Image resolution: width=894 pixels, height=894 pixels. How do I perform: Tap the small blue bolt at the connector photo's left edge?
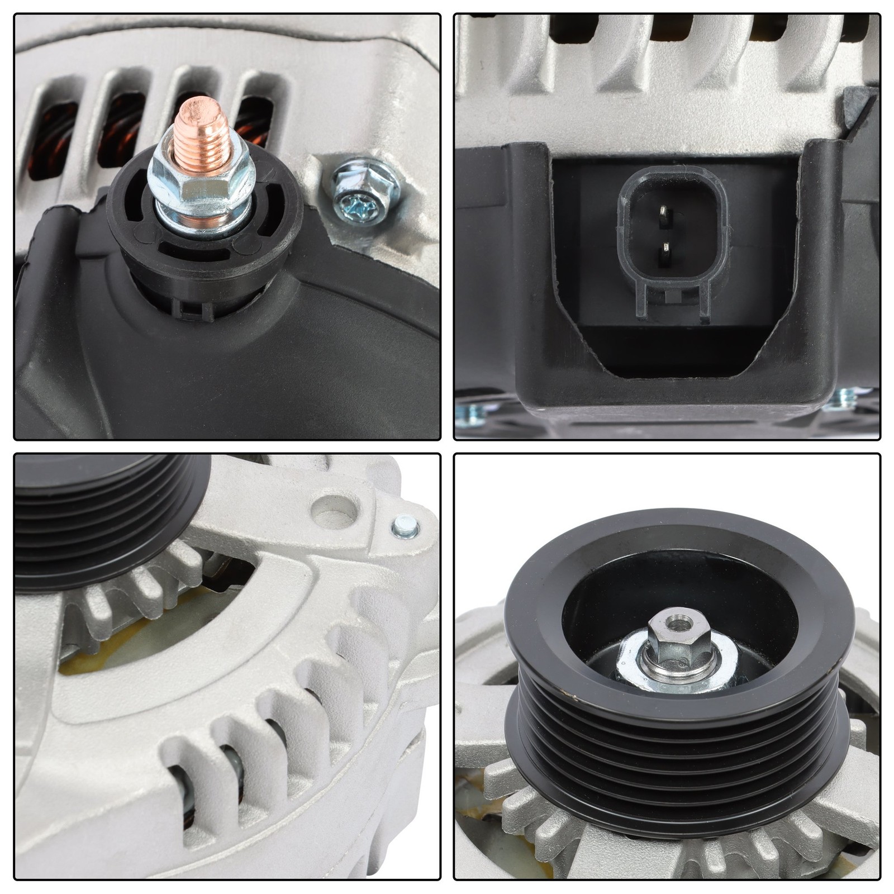click(466, 413)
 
